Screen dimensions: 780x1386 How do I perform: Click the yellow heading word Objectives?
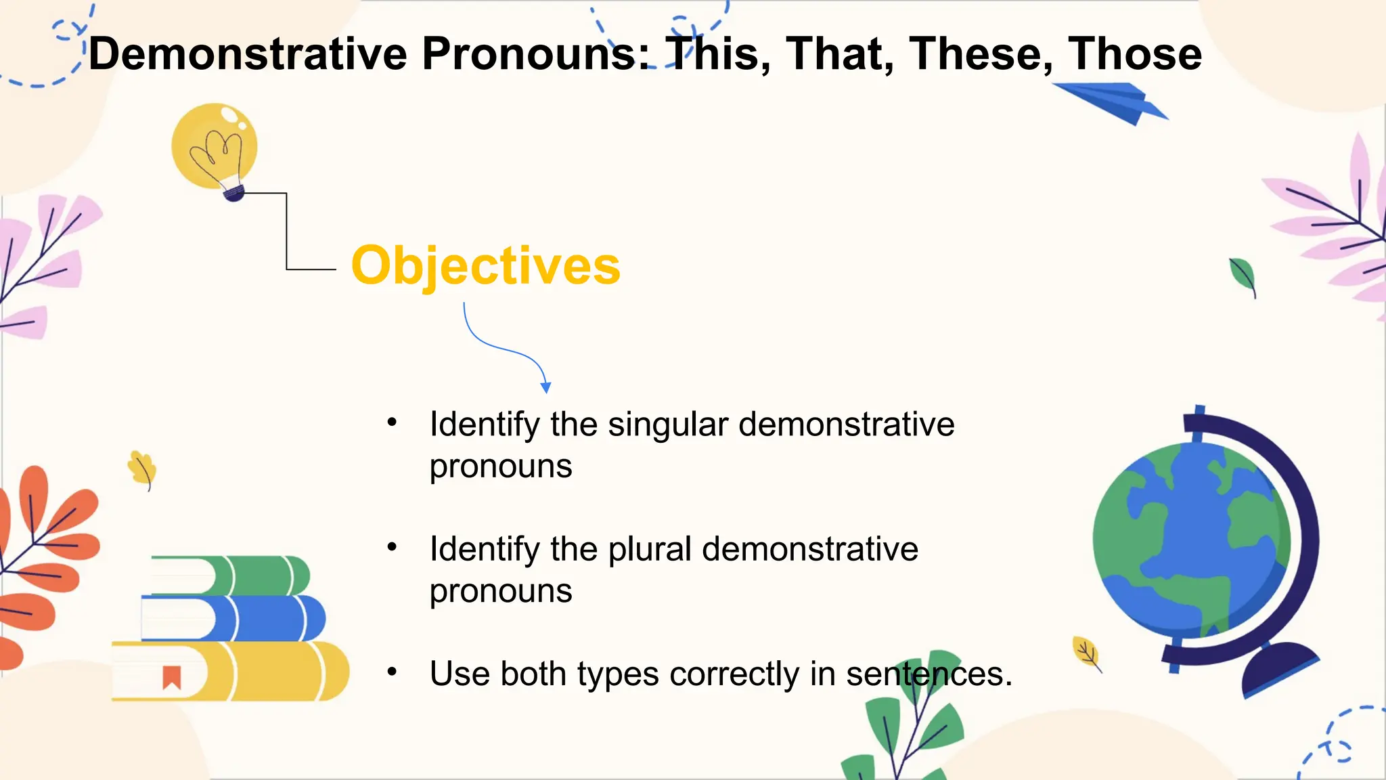tap(485, 266)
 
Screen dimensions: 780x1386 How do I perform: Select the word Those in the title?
tap(1134, 54)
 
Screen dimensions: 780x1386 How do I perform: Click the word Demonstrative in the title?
tap(248, 54)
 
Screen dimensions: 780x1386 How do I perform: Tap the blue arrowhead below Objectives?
tap(545, 387)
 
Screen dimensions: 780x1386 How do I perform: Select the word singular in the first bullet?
tap(667, 425)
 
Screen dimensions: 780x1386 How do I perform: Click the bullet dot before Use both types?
tap(392, 672)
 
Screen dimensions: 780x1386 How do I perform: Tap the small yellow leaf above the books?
tap(143, 468)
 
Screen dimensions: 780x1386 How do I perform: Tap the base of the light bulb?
tap(233, 194)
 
